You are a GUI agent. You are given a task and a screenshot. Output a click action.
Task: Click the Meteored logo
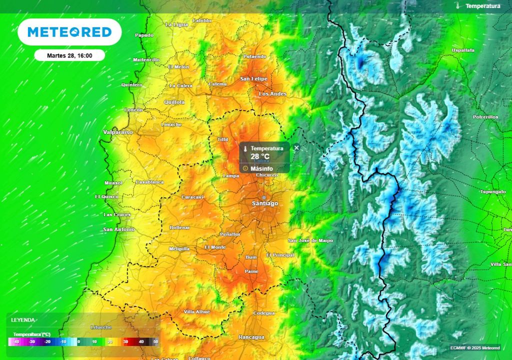click(x=69, y=32)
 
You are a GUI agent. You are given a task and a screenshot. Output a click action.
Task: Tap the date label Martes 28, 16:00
click(x=69, y=55)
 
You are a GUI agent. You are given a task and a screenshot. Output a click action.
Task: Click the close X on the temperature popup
click(x=296, y=147)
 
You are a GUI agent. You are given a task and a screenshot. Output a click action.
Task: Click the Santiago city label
click(x=264, y=203)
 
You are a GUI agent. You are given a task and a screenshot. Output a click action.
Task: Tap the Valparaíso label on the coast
click(x=118, y=132)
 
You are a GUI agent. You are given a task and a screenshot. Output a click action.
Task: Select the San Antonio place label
click(x=118, y=229)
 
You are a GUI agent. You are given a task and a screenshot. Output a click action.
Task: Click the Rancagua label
click(x=251, y=337)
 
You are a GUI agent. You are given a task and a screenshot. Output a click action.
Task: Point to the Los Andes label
click(x=272, y=94)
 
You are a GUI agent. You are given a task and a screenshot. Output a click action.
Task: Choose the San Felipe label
click(x=253, y=79)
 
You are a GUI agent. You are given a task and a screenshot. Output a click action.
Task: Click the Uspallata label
click(x=462, y=50)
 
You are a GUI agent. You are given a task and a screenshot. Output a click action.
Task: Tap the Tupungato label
click(x=493, y=191)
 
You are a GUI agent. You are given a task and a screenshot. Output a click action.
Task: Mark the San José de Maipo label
click(x=310, y=240)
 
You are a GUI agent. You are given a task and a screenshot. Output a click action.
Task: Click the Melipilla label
click(x=179, y=248)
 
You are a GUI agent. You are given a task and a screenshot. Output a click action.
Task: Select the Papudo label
click(x=144, y=35)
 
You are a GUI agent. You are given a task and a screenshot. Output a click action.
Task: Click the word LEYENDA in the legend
click(x=23, y=319)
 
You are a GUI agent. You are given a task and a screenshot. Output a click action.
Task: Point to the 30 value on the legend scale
click(x=125, y=341)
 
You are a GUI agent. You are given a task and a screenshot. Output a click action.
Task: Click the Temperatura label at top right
click(x=482, y=6)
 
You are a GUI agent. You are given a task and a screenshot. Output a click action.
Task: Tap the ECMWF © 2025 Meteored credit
click(x=474, y=347)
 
